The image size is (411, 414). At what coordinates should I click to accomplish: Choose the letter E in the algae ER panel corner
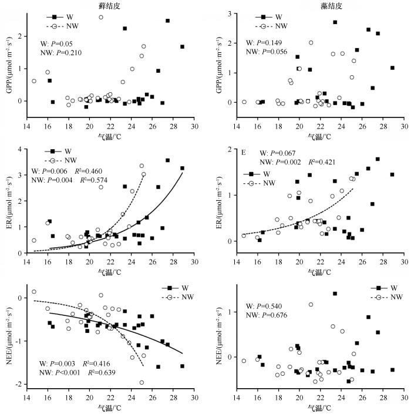tap(242, 152)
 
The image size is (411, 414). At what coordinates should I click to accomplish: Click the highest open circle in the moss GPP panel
tap(101, 17)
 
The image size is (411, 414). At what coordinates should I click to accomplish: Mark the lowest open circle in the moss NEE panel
tap(142, 382)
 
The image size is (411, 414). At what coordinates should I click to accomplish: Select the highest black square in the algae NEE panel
tap(335, 294)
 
